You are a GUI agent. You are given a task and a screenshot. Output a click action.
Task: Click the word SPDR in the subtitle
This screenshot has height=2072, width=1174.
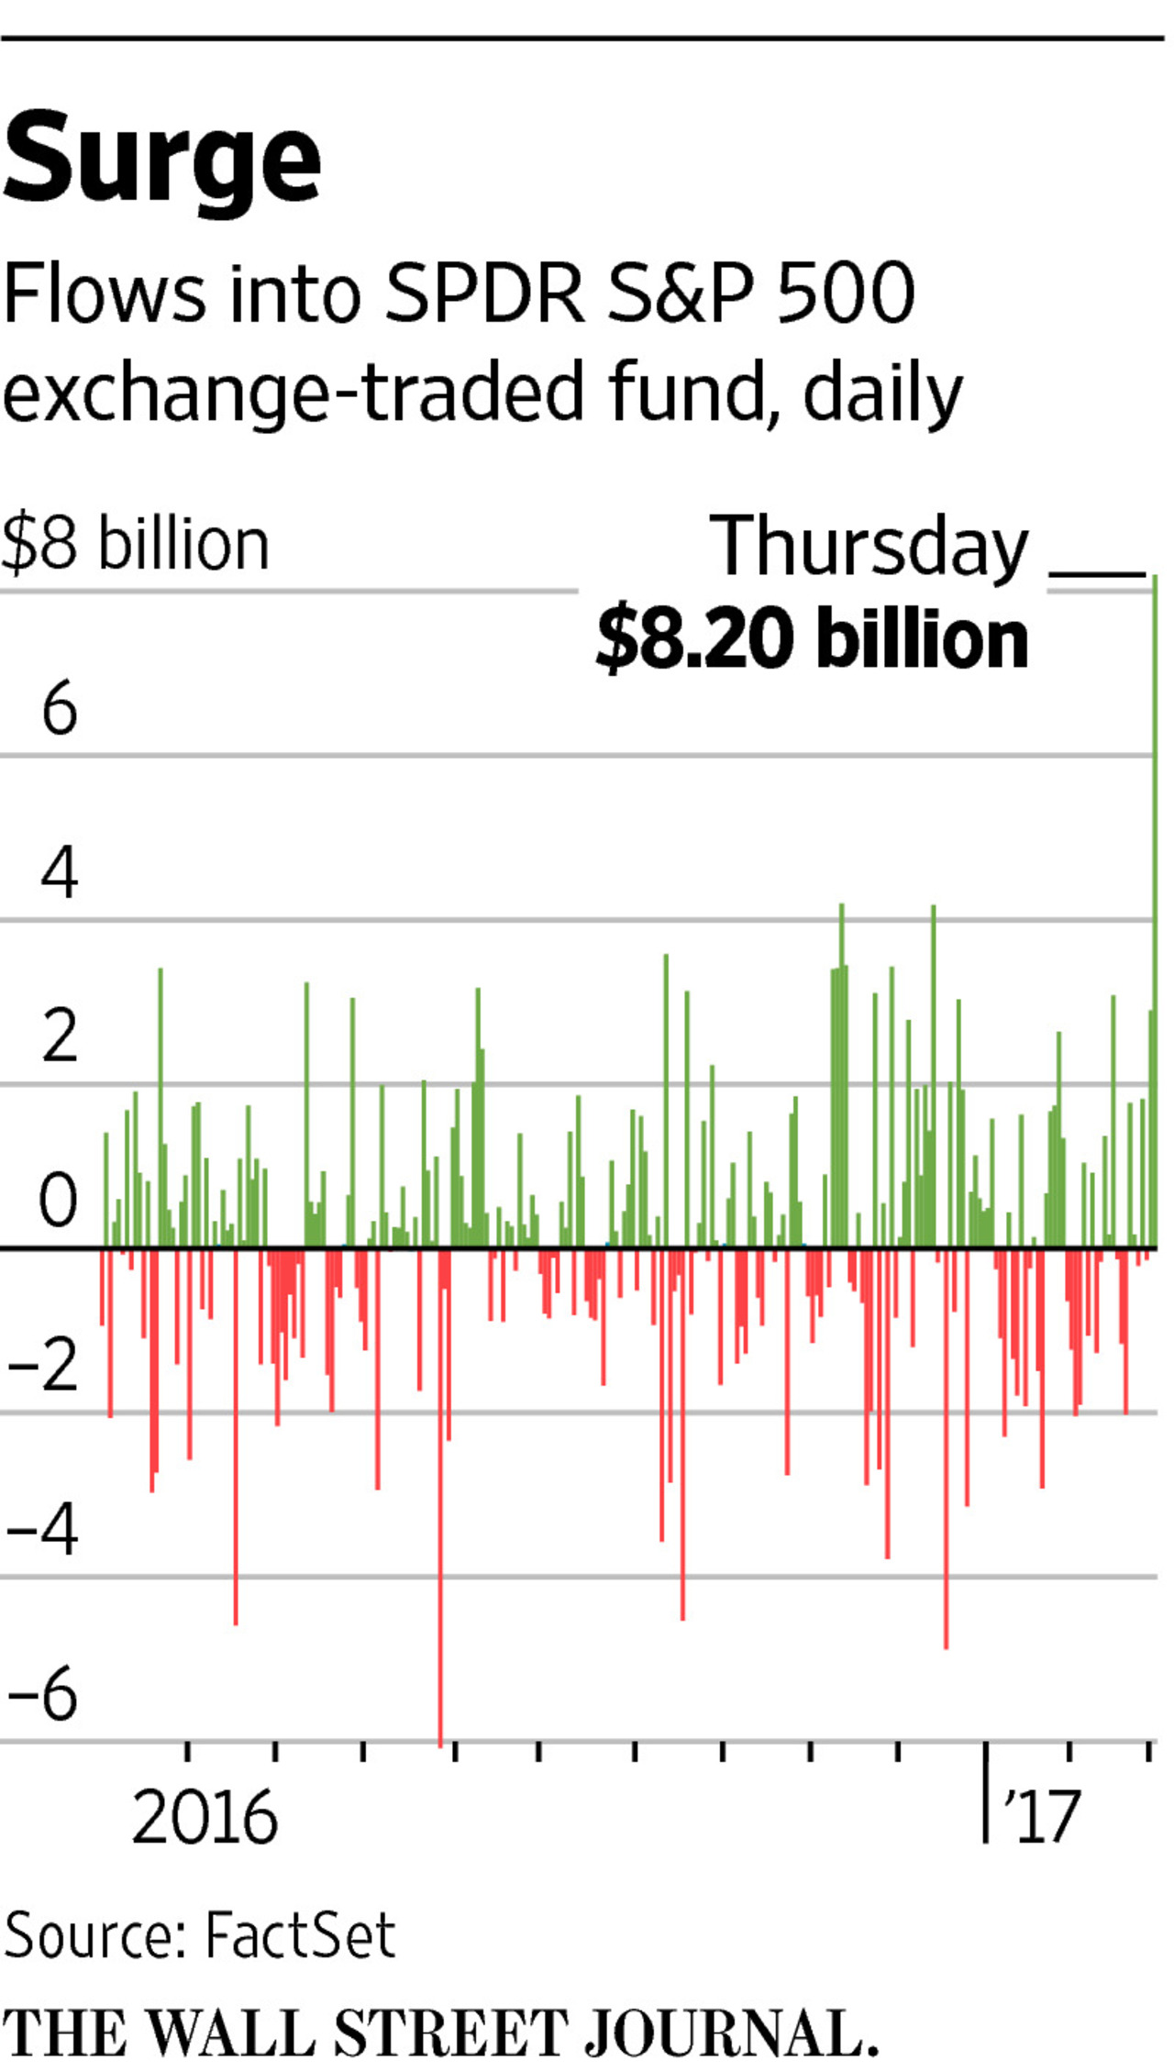click(x=484, y=294)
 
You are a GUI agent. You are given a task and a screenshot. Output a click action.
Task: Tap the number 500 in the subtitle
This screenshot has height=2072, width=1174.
click(x=845, y=294)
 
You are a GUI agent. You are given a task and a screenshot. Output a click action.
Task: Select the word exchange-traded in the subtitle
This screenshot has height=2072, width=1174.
click(x=293, y=393)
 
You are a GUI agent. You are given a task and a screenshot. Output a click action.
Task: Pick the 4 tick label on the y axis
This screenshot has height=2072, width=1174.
click(x=59, y=873)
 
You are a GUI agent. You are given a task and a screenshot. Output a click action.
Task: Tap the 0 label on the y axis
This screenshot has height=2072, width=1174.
click(x=58, y=1201)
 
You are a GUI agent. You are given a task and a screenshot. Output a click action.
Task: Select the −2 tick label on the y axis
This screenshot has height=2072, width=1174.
click(x=43, y=1366)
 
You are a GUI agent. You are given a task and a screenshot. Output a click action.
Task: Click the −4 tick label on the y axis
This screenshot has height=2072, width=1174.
click(x=43, y=1530)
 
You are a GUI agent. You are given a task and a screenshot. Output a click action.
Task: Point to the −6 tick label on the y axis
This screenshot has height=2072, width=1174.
click(x=43, y=1694)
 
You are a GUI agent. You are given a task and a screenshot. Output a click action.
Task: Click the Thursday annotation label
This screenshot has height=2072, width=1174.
click(x=869, y=548)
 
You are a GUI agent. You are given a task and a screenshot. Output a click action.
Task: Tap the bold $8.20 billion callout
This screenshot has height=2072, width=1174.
click(x=812, y=639)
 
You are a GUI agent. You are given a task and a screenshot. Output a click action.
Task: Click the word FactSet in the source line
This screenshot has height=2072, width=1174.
click(x=299, y=1935)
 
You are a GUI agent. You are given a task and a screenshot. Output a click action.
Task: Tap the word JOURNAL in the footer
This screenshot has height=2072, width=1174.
click(x=729, y=2033)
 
